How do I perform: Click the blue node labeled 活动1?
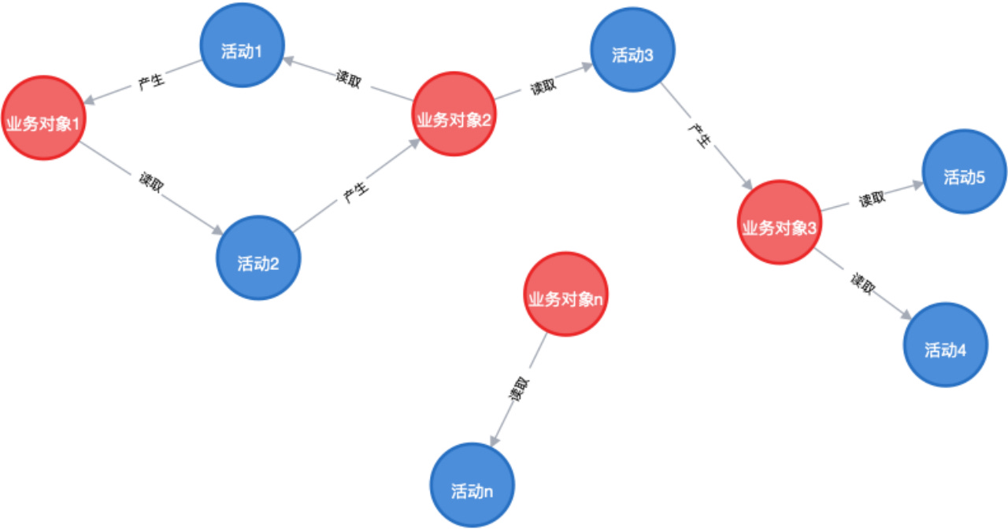pyautogui.click(x=242, y=45)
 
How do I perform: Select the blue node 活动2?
pyautogui.click(x=258, y=257)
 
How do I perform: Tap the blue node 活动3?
pyautogui.click(x=632, y=50)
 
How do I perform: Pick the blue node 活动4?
pyautogui.click(x=946, y=345)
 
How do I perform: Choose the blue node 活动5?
pyautogui.click(x=965, y=172)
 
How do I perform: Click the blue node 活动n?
pyautogui.click(x=472, y=485)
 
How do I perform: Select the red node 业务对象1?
pyautogui.click(x=43, y=118)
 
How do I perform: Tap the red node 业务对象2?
pyautogui.click(x=454, y=114)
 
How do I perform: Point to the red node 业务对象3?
pyautogui.click(x=780, y=222)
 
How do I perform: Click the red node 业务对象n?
pyautogui.click(x=565, y=294)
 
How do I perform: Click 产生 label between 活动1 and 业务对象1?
pyautogui.click(x=151, y=81)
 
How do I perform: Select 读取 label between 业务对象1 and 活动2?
pyautogui.click(x=151, y=182)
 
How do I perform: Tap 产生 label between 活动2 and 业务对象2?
pyautogui.click(x=355, y=192)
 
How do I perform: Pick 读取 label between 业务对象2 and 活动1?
pyautogui.click(x=348, y=79)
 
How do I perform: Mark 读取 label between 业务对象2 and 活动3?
pyautogui.click(x=543, y=87)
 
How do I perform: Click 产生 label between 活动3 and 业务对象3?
pyautogui.click(x=700, y=135)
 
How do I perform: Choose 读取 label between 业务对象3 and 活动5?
pyautogui.click(x=872, y=198)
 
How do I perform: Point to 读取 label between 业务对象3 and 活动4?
pyautogui.click(x=862, y=284)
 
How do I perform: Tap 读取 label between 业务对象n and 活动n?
pyautogui.click(x=519, y=389)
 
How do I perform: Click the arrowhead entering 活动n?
pyautogui.click(x=495, y=441)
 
